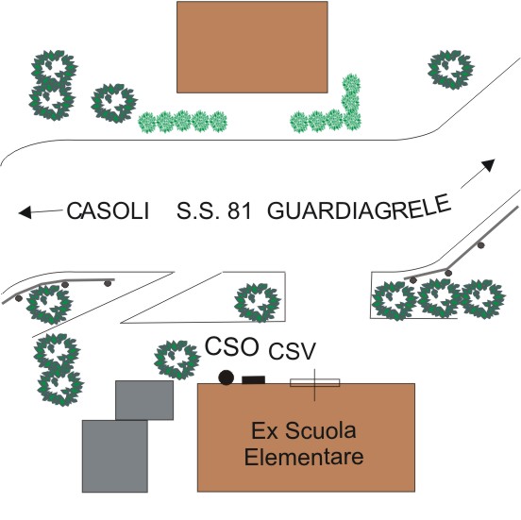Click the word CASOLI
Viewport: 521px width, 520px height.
point(108,210)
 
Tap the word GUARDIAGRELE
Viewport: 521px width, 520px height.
point(359,208)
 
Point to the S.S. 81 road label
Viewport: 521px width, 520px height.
point(213,210)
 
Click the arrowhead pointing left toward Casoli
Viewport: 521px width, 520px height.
point(25,212)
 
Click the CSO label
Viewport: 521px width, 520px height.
point(231,346)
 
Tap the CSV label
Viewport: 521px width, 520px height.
point(292,351)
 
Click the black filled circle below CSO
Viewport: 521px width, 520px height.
point(227,377)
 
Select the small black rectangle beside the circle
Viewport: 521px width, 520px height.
point(254,379)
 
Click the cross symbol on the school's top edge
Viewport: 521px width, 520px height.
point(314,383)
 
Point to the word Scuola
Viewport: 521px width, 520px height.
point(321,430)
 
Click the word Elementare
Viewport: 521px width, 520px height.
point(304,457)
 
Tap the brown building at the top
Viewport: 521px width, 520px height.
point(252,47)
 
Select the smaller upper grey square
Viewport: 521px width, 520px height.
point(144,400)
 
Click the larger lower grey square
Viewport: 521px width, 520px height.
point(115,456)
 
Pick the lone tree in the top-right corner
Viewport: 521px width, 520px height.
point(450,70)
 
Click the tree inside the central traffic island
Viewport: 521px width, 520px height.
point(258,303)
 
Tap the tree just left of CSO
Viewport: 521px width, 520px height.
point(177,361)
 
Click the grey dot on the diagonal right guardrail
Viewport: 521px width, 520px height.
point(480,245)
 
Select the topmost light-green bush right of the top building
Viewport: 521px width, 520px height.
point(351,84)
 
